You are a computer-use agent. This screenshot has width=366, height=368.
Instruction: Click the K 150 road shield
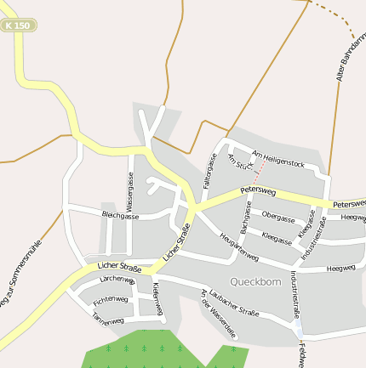[16, 26]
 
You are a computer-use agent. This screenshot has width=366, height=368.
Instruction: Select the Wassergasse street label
[130, 191]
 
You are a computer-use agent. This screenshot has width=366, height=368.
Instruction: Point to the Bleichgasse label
[120, 216]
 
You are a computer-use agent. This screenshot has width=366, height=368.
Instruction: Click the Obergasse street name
[278, 216]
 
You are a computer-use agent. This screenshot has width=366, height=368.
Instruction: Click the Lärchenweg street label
[117, 280]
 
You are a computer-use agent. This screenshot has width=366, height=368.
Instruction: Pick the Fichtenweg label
[111, 300]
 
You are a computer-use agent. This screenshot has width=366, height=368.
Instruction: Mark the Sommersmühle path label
[21, 275]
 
